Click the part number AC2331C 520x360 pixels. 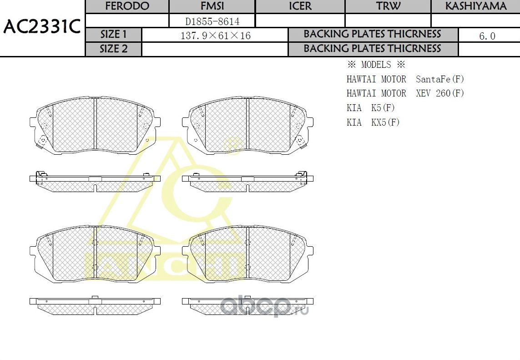pyautogui.click(x=42, y=27)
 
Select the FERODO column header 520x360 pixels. pyautogui.click(x=127, y=6)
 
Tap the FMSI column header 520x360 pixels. pyautogui.click(x=212, y=6)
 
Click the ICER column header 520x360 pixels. pyautogui.click(x=300, y=6)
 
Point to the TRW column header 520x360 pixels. pyautogui.click(x=388, y=6)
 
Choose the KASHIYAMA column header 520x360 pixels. pyautogui.click(x=475, y=6)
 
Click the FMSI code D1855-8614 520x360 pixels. pyautogui.click(x=212, y=21)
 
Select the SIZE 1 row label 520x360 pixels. pyautogui.click(x=114, y=35)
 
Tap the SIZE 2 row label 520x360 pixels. pyautogui.click(x=114, y=49)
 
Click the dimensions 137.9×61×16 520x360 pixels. pyautogui.click(x=215, y=35)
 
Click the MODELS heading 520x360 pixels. pyautogui.click(x=376, y=65)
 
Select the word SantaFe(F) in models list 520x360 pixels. pyautogui.click(x=440, y=79)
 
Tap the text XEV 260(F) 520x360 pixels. pyautogui.click(x=440, y=93)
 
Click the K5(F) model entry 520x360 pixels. pyautogui.click(x=383, y=108)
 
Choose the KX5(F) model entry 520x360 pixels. pyautogui.click(x=385, y=122)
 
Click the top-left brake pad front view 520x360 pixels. pyautogui.click(x=95, y=125)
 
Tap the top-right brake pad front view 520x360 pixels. pyautogui.click(x=247, y=125)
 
